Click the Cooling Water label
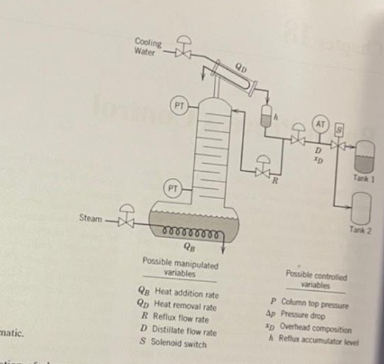[147, 45]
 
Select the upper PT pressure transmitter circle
[181, 106]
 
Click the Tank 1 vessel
[364, 154]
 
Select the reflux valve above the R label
[263, 171]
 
